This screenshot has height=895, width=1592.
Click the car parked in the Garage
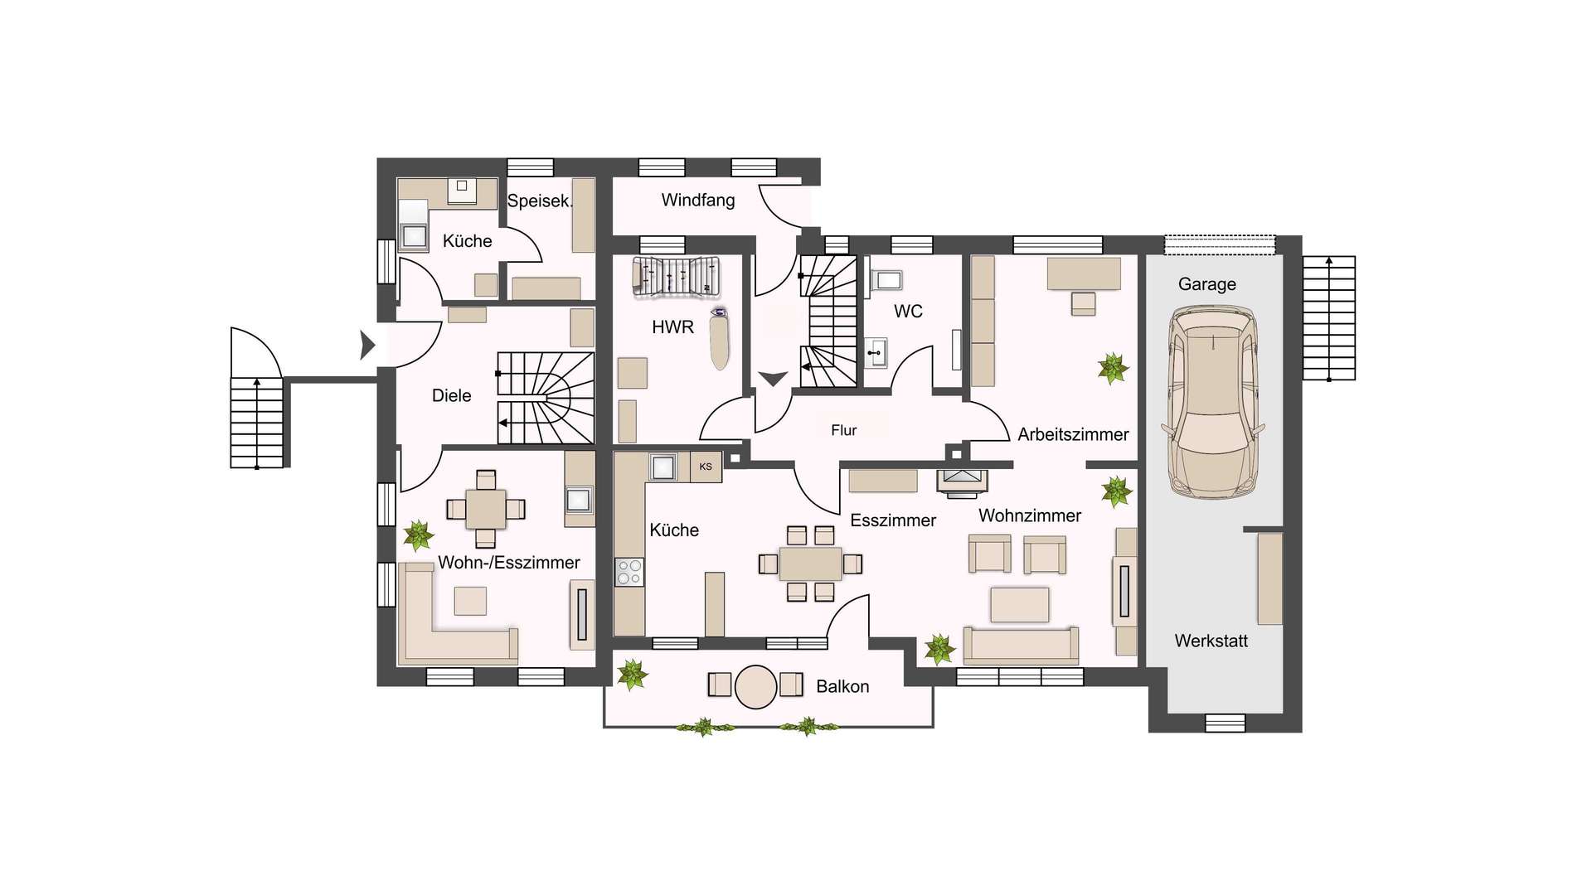pyautogui.click(x=1212, y=403)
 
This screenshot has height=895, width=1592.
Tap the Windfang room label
pyautogui.click(x=698, y=200)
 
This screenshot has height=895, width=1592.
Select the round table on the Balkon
pyautogui.click(x=755, y=687)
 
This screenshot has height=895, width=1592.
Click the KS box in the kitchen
pyautogui.click(x=706, y=467)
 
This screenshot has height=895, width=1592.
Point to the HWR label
pyautogui.click(x=672, y=327)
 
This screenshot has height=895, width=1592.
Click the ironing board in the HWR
pyautogui.click(x=720, y=338)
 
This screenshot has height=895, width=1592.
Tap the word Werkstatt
pyautogui.click(x=1211, y=641)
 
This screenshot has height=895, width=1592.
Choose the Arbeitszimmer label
pyautogui.click(x=1073, y=434)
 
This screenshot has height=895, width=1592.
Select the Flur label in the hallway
pyautogui.click(x=844, y=430)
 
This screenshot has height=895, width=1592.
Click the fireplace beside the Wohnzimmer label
pyautogui.click(x=962, y=483)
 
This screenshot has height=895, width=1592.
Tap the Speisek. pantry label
pyautogui.click(x=540, y=201)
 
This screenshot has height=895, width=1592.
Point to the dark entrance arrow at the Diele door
pyautogui.click(x=367, y=345)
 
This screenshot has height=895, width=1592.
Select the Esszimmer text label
pyautogui.click(x=893, y=520)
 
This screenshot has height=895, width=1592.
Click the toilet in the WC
pyautogui.click(x=886, y=280)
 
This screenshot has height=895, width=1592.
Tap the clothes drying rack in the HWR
pyautogui.click(x=676, y=277)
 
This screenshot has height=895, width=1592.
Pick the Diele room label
pyautogui.click(x=451, y=396)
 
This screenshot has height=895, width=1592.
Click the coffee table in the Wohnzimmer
pyautogui.click(x=1020, y=604)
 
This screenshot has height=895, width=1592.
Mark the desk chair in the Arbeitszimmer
pyautogui.click(x=1083, y=304)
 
